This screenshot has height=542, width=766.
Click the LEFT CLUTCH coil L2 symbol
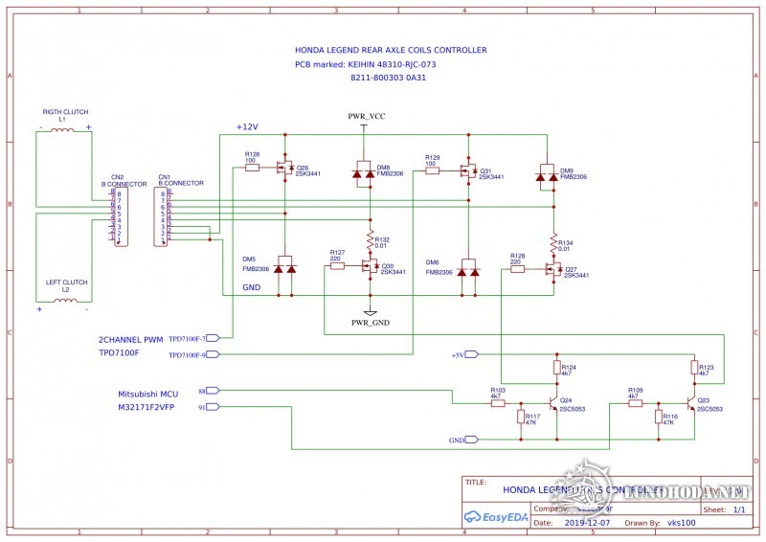pyautogui.click(x=63, y=300)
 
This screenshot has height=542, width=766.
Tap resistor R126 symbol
pyautogui.click(x=252, y=167)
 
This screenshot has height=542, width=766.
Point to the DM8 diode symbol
pyautogui.click(x=363, y=172)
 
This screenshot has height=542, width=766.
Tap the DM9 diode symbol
pyautogui.click(x=547, y=173)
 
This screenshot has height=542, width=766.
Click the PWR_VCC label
pyautogui.click(x=367, y=116)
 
